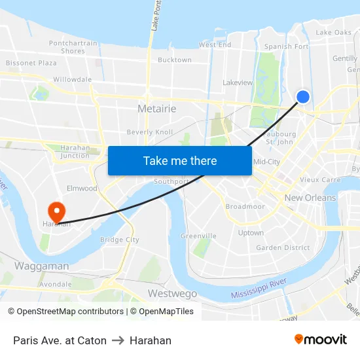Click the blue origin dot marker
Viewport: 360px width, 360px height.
click(x=303, y=97)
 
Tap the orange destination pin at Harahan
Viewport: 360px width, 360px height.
click(x=56, y=210)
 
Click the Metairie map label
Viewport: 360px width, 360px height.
click(x=157, y=109)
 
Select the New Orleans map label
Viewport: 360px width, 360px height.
click(x=310, y=198)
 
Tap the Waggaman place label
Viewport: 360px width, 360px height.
click(x=41, y=266)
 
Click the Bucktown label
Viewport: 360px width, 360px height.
click(x=175, y=60)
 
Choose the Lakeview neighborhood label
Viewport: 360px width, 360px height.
click(x=238, y=83)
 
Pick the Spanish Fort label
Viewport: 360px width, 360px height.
click(x=286, y=47)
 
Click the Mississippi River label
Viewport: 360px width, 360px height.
click(x=259, y=289)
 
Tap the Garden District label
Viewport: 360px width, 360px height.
click(x=283, y=247)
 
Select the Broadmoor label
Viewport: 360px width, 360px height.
click(x=245, y=206)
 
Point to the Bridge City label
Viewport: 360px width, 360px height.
click(x=120, y=240)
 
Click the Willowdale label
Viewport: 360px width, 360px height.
click(x=73, y=79)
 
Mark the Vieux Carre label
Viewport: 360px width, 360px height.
click(x=320, y=179)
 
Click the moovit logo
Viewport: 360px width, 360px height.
click(x=321, y=339)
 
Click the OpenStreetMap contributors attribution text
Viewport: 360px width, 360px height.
click(x=70, y=312)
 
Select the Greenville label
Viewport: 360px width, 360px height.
click(x=198, y=236)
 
